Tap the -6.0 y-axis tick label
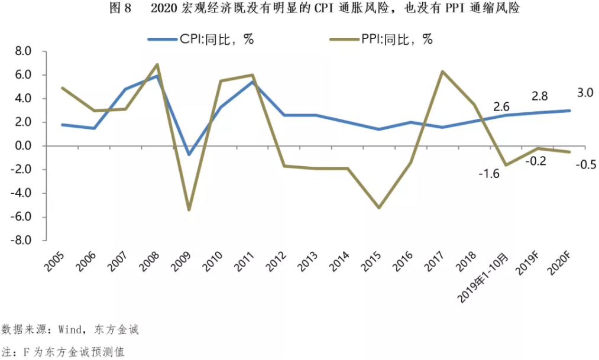click(x=21, y=217)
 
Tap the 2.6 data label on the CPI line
click(x=501, y=107)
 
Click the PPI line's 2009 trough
click(x=189, y=210)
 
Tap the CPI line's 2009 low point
click(x=189, y=155)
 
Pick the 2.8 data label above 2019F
click(x=538, y=96)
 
